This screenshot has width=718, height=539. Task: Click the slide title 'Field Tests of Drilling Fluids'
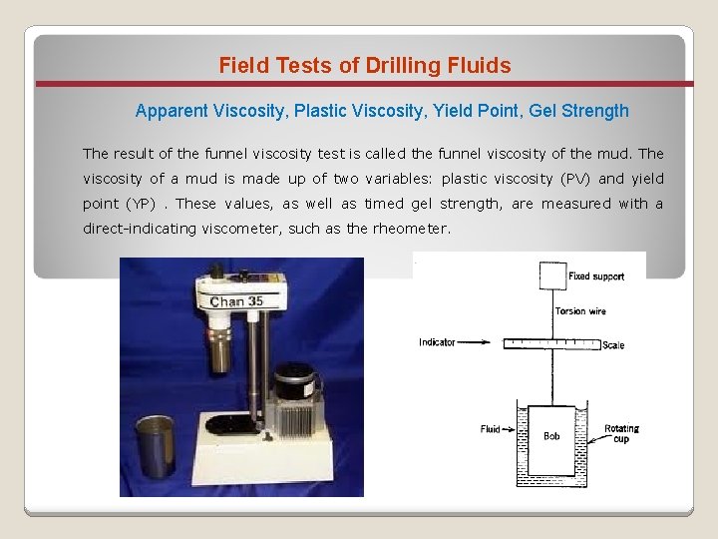tap(365, 66)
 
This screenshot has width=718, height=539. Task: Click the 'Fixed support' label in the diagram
tap(595, 276)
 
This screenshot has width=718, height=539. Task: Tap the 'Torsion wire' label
tap(579, 311)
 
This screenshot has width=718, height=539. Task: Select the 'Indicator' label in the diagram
tap(437, 342)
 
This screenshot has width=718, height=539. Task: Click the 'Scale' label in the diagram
tap(614, 345)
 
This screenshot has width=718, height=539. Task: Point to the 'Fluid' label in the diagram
tap(490, 429)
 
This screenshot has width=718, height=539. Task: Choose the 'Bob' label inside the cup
tap(551, 436)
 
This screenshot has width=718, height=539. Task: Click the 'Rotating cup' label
tap(621, 433)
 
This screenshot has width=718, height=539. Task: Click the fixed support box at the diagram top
tap(552, 275)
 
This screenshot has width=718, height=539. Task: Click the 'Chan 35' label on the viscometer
tap(236, 301)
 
